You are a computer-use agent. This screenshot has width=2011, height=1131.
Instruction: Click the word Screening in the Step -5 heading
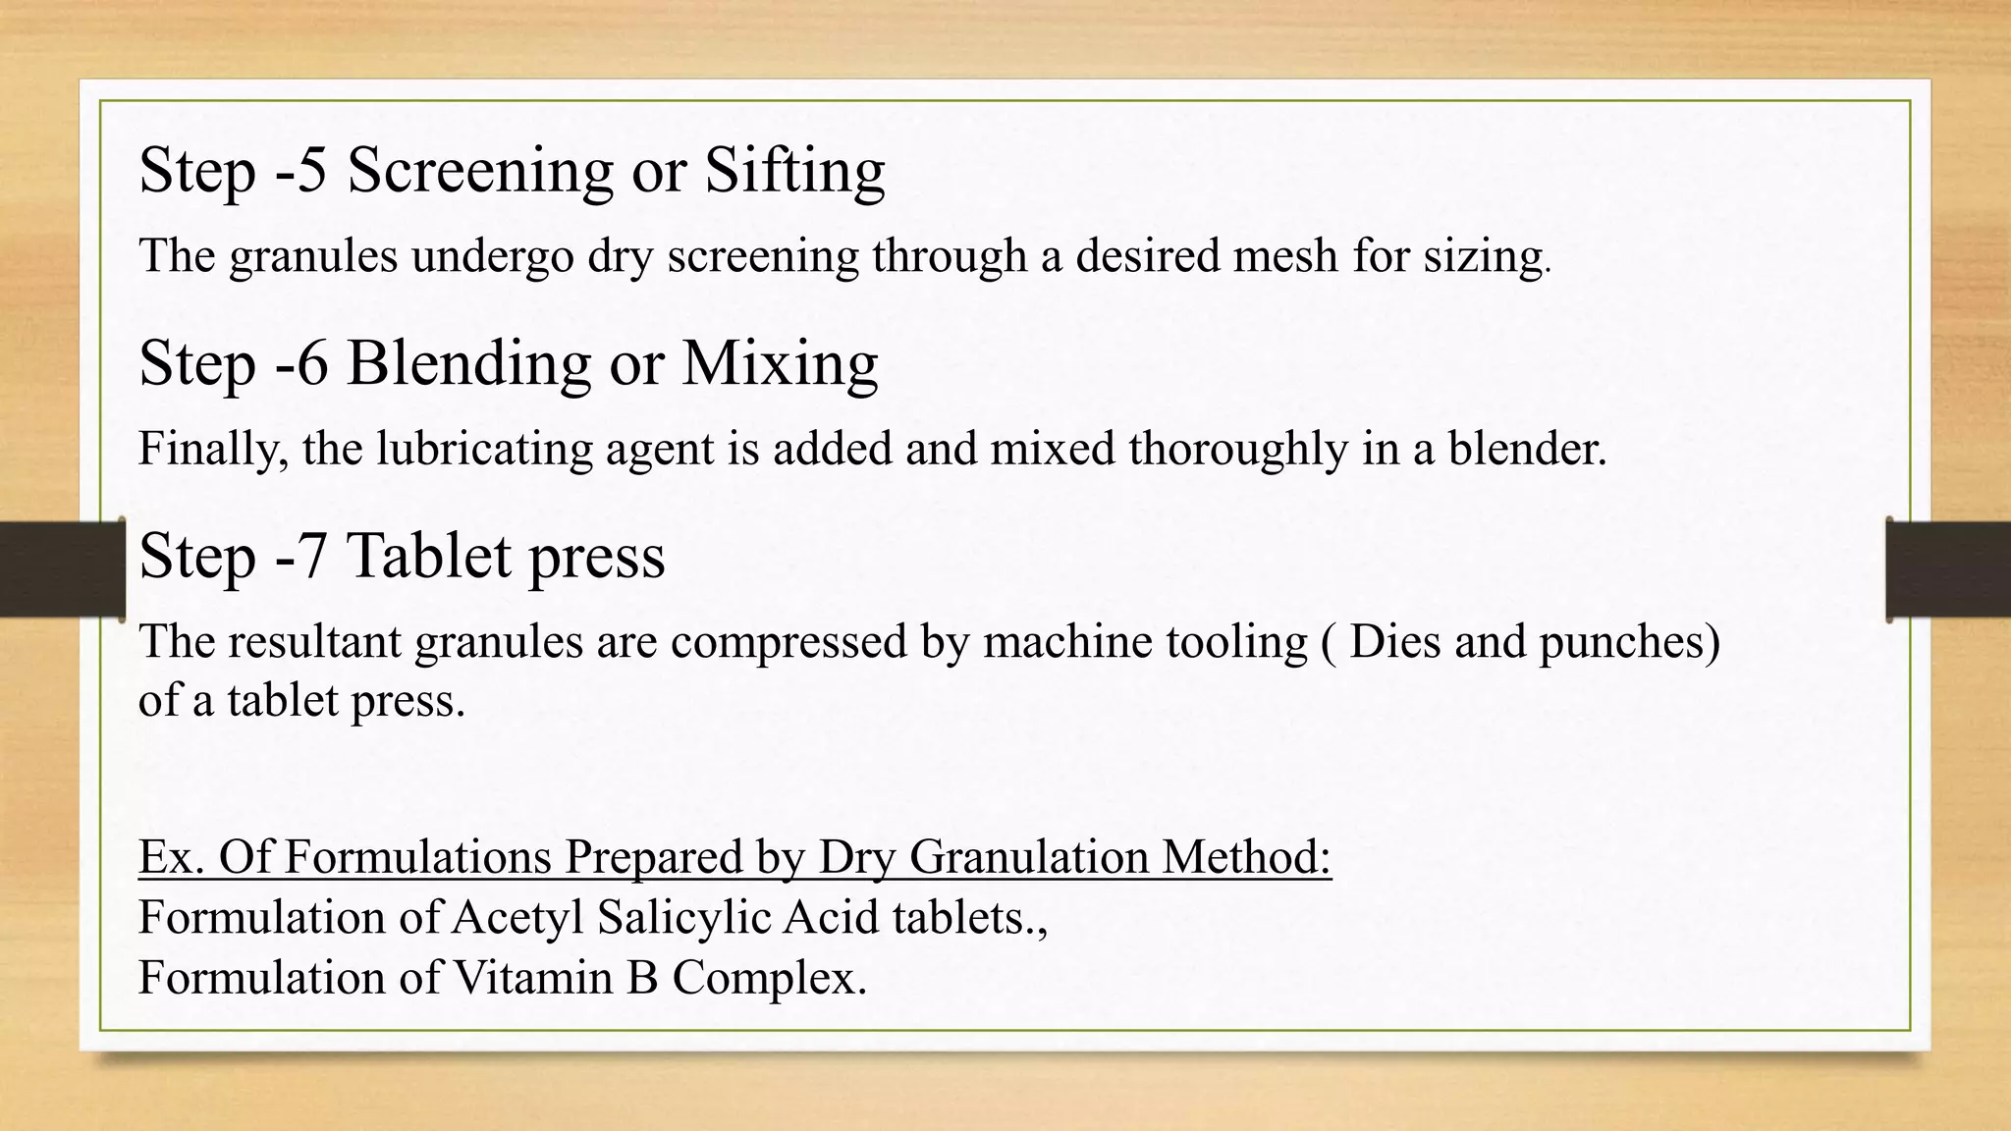click(x=480, y=171)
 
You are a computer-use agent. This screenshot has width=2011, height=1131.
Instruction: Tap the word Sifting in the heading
click(x=794, y=171)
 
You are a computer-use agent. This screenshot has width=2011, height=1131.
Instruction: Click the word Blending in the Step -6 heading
click(x=468, y=363)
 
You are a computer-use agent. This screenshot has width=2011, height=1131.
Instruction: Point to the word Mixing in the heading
click(x=780, y=363)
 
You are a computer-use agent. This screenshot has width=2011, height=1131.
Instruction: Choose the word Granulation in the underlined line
click(x=1028, y=857)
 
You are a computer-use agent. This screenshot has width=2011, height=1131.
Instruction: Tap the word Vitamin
click(x=532, y=978)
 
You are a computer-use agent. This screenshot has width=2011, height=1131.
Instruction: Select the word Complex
click(x=769, y=978)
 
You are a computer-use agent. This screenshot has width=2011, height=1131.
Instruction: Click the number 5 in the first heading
click(x=311, y=171)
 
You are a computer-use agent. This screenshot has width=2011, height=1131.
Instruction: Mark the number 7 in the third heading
click(x=311, y=556)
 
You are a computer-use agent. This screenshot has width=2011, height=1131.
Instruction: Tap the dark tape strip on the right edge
click(x=1949, y=569)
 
